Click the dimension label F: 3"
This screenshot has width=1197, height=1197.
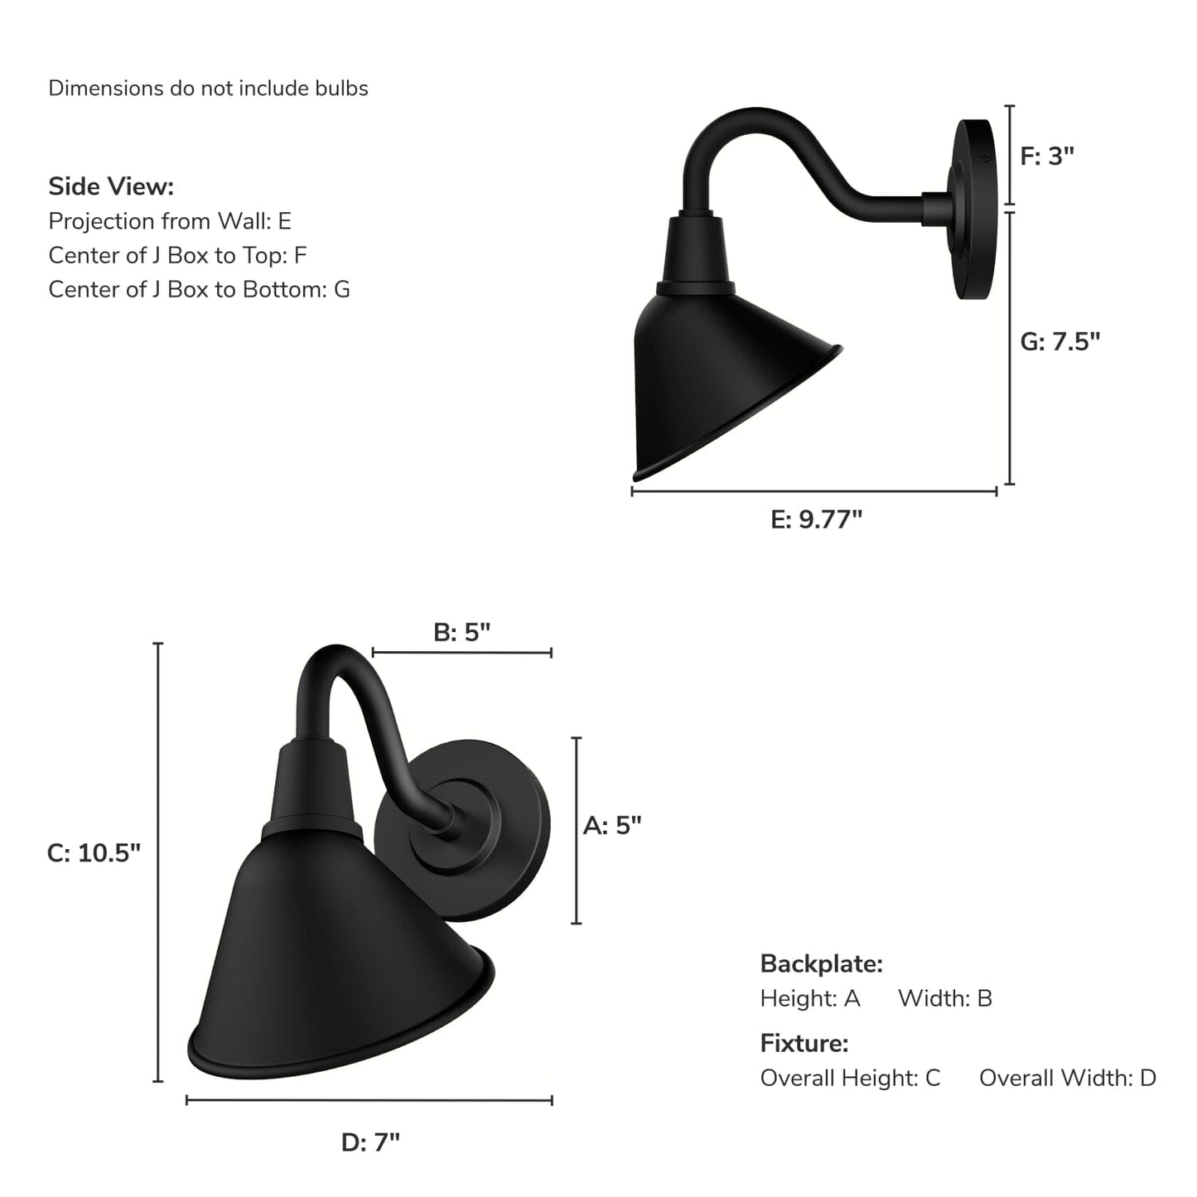coord(1046,156)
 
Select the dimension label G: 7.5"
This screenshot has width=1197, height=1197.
coord(1059,341)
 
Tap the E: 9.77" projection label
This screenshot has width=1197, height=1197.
coord(816,519)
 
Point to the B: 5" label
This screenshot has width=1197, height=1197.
coord(461,632)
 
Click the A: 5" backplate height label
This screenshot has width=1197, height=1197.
coord(612,825)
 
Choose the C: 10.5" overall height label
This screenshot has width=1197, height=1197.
coord(94,852)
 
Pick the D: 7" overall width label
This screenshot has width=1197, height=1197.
coord(370,1142)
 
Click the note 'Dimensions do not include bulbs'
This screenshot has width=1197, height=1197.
coord(208,89)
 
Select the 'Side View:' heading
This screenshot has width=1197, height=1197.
coord(111,186)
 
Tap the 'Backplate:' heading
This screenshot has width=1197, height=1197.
coord(821,963)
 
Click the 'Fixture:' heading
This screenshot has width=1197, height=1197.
coord(804,1043)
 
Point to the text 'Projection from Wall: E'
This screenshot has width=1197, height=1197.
coord(170,221)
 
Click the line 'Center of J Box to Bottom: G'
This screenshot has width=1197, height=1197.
coord(199,289)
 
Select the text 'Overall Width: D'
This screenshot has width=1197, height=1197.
coord(1067,1078)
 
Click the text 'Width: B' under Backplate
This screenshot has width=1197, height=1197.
coord(944,998)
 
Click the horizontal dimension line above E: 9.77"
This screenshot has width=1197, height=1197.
coord(813,491)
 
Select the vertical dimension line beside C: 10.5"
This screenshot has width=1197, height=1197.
coord(158,862)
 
